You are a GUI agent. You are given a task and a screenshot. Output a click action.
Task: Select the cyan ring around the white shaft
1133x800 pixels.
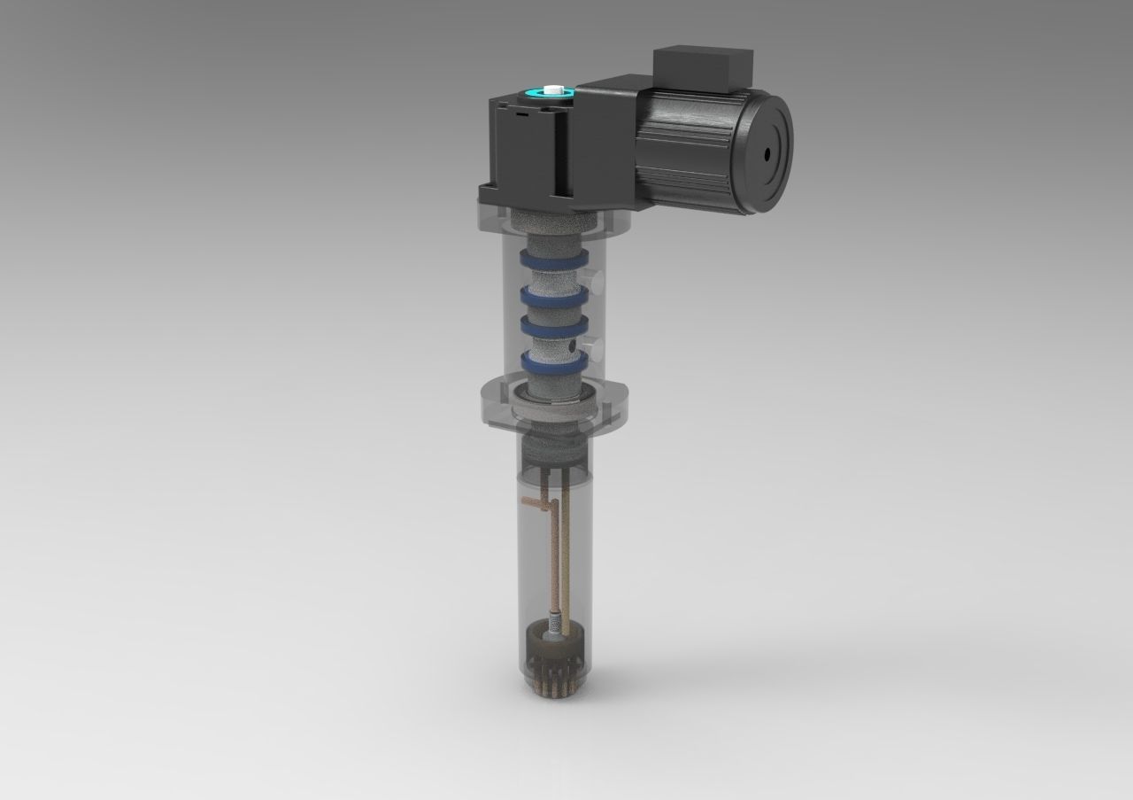(x=538, y=92)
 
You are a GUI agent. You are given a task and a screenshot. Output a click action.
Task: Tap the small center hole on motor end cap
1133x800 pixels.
(x=767, y=152)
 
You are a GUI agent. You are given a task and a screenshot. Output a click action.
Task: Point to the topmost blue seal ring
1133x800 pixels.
(x=552, y=260)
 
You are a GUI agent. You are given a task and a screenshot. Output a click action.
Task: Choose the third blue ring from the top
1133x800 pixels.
(x=552, y=326)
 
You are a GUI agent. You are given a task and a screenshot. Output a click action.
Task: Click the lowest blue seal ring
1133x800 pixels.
(x=552, y=361)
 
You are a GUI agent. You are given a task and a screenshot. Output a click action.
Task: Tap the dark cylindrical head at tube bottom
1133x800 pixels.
(x=549, y=649)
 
